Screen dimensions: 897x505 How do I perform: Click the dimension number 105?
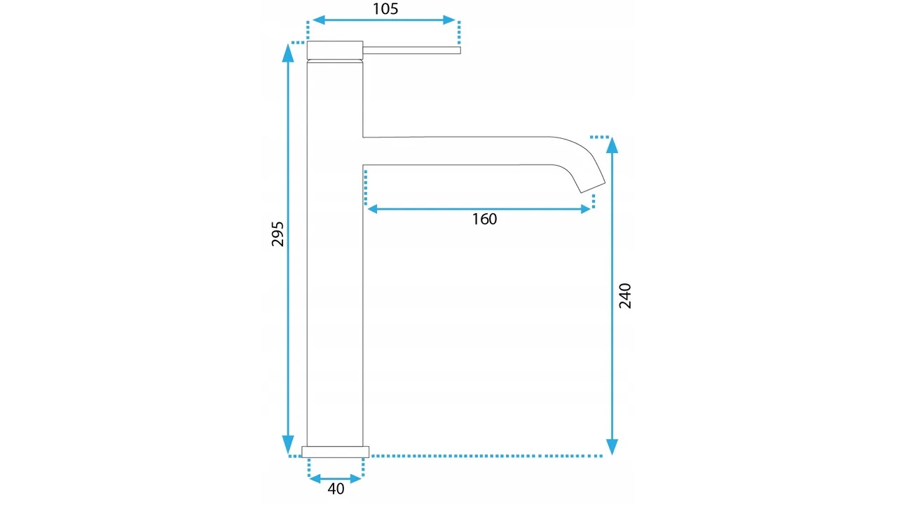click(x=385, y=9)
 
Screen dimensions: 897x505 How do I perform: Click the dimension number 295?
click(x=278, y=234)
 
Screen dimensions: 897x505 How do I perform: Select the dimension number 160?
click(x=484, y=220)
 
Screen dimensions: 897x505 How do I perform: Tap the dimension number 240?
click(x=625, y=296)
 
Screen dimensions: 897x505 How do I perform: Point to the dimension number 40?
click(x=336, y=489)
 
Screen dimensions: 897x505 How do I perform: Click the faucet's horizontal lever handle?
click(x=411, y=50)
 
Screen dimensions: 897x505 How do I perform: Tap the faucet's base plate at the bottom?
click(x=336, y=452)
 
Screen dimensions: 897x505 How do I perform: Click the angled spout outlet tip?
click(x=593, y=187)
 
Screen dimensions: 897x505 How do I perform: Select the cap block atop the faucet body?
click(x=335, y=50)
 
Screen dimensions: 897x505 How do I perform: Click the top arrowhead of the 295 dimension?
click(x=288, y=53)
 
